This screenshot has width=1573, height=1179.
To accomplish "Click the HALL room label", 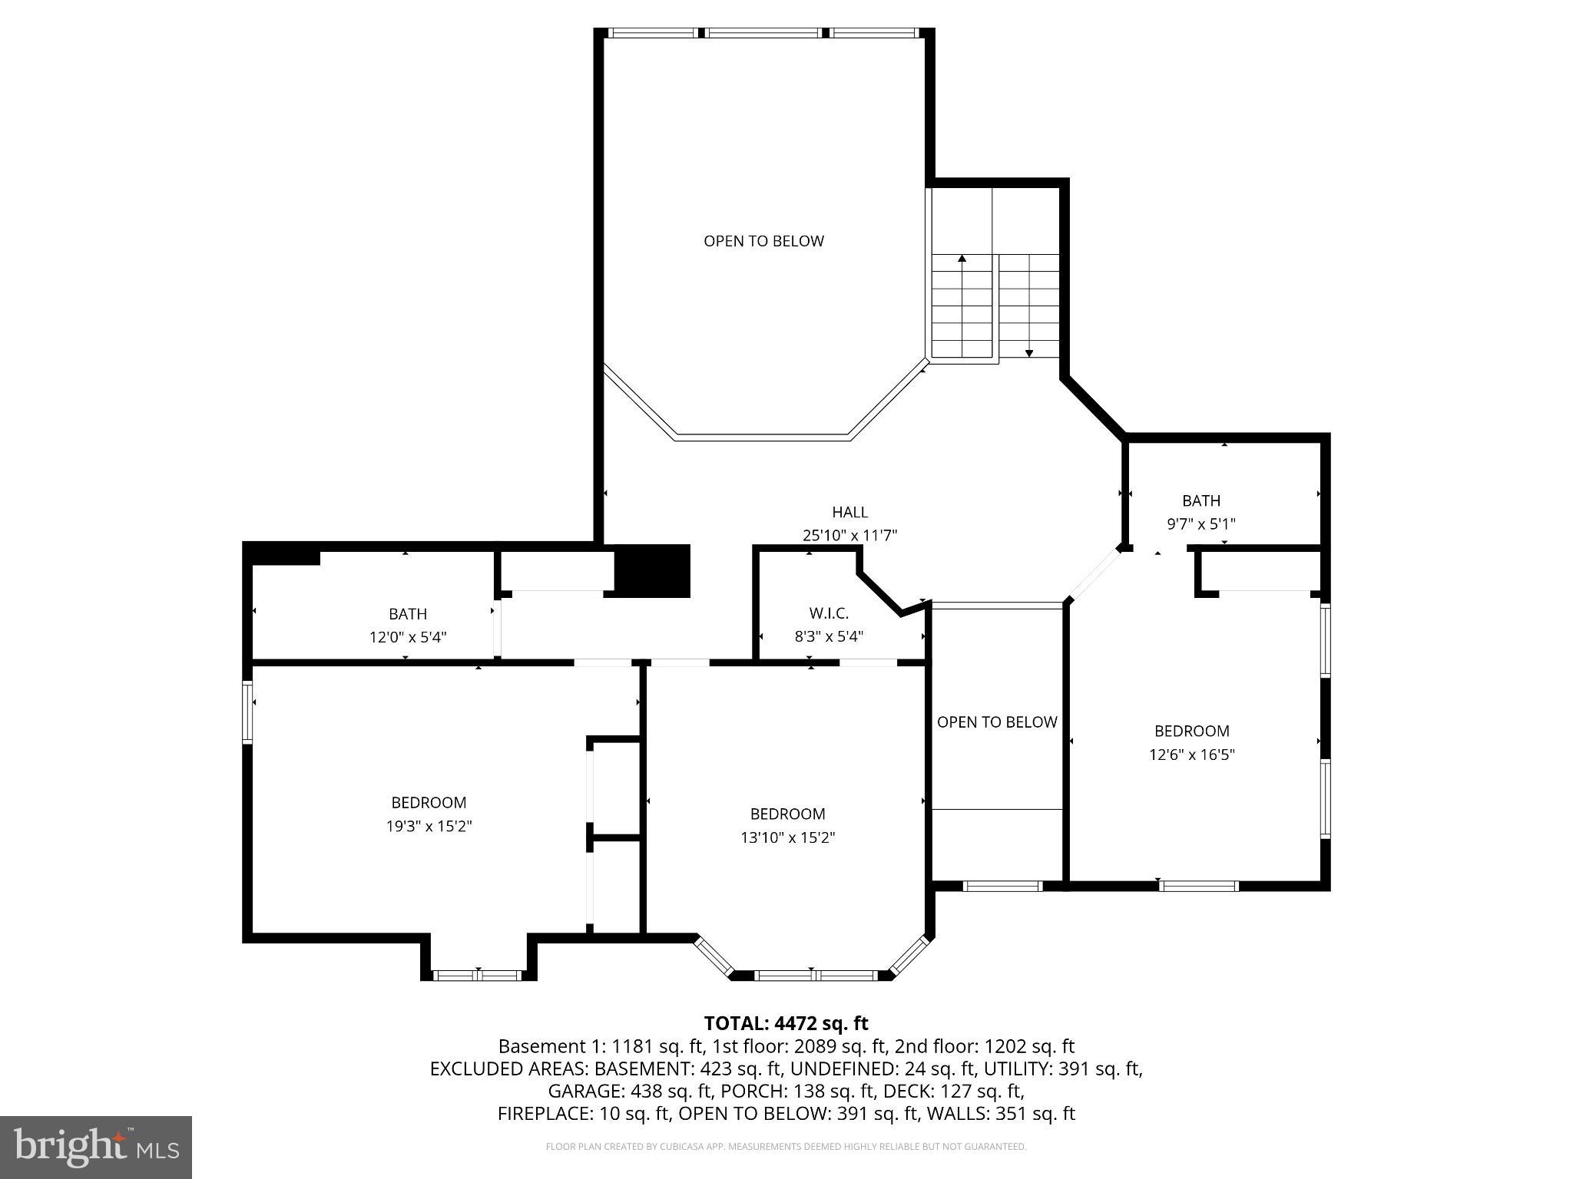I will click(849, 512).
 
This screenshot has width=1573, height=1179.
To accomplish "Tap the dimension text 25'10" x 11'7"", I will click(849, 535).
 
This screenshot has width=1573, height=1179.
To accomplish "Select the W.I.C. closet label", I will click(828, 613).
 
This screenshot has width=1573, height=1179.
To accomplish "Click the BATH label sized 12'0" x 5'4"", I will click(407, 614).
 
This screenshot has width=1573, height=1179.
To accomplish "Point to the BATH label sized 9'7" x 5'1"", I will click(1200, 501).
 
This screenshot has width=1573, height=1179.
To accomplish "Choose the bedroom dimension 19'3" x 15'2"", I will click(429, 826).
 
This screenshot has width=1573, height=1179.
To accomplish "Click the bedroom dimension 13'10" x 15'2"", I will click(787, 837).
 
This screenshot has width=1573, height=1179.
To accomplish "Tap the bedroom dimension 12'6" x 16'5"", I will click(1191, 755).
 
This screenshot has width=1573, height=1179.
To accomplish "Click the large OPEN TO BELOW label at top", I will click(763, 241).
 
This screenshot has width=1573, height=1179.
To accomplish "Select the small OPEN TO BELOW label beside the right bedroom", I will click(997, 722).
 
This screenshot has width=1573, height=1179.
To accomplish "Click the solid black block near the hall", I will click(653, 570).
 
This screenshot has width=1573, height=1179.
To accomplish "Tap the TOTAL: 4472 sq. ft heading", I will click(786, 1023).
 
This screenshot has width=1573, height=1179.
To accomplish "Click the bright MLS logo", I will click(96, 1147).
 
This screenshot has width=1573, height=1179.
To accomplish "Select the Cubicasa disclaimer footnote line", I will click(786, 1147).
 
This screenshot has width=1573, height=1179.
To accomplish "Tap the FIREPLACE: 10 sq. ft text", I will click(583, 1113).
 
